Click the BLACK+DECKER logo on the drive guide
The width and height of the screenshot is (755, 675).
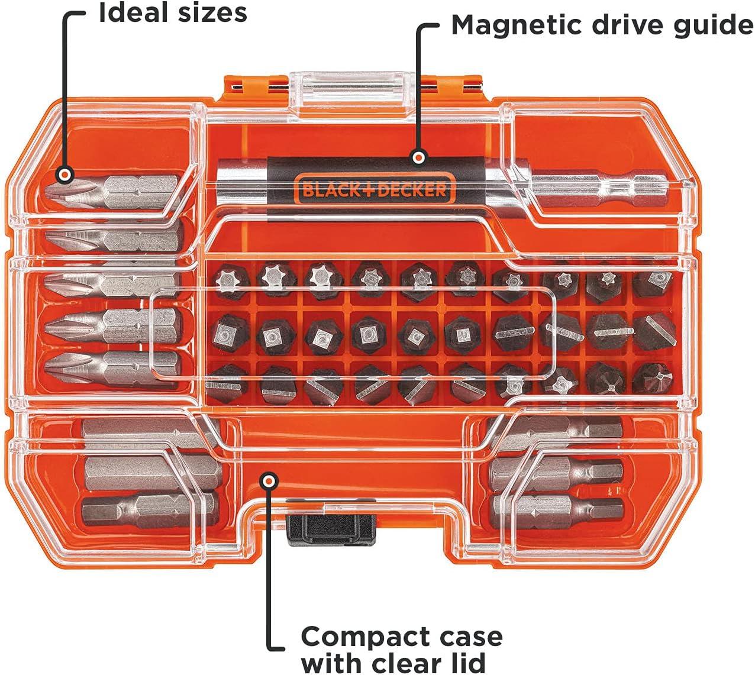(x=374, y=189)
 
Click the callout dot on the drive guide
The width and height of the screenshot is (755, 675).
(x=419, y=157)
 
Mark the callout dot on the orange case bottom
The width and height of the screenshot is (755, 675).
(x=269, y=481)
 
